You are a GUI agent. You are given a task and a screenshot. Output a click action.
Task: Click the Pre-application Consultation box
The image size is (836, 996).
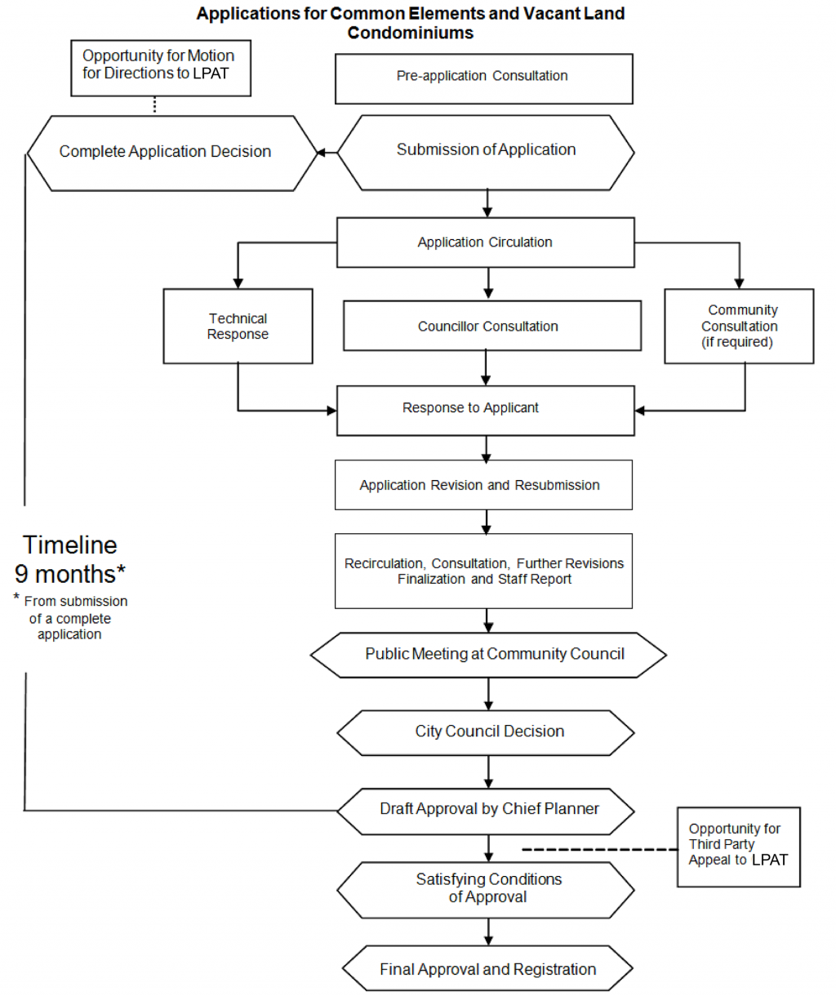483,78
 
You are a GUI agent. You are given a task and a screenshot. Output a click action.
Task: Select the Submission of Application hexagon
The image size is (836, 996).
486,152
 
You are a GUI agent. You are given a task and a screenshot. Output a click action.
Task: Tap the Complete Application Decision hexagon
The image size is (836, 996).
171,153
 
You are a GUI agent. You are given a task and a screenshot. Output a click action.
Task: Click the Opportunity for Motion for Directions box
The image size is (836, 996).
160,68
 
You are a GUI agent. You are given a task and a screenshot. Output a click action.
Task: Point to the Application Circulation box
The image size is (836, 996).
485,242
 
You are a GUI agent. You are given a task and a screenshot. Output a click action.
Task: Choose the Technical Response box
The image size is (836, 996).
238,327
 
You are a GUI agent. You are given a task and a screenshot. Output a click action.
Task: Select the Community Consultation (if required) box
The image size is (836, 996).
739,327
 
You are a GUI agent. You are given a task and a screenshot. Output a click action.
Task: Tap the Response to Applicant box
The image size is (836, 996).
485,410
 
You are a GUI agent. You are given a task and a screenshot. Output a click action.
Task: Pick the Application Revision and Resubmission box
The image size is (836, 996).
483,485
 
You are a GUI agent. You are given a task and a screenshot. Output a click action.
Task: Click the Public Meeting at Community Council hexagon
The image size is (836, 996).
488,655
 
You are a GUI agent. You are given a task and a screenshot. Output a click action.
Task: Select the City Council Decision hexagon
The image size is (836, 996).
486,732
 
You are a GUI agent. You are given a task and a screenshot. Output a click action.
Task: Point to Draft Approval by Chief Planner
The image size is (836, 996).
486,810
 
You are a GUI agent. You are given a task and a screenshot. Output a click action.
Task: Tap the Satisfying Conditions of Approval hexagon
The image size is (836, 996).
486,889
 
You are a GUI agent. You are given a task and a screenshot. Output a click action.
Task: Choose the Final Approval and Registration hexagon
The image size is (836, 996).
487,970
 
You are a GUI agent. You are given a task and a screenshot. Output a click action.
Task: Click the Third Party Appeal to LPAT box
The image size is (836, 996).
738,847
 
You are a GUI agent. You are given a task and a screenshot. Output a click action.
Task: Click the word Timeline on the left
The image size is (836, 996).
70,545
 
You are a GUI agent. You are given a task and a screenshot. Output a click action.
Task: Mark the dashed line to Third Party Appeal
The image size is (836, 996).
600,850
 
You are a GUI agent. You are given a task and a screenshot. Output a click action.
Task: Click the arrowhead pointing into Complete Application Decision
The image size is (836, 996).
322,153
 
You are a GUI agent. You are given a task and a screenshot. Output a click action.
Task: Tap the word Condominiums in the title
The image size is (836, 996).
410,33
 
